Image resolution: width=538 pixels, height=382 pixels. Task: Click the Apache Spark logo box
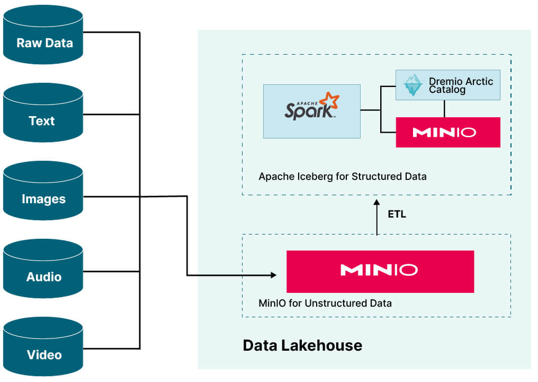311,111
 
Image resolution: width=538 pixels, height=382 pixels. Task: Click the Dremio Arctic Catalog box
448,85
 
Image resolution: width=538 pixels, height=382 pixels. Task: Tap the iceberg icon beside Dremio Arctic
412,85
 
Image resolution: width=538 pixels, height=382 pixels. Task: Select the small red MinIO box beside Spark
448,132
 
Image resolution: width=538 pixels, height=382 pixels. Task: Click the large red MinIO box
380,271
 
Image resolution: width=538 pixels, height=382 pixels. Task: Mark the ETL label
396,215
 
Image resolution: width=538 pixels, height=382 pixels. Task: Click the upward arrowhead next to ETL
376,203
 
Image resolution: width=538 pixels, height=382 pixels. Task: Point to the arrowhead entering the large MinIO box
273,275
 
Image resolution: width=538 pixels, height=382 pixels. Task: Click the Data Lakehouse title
302,345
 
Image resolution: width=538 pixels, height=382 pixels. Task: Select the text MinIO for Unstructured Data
325,303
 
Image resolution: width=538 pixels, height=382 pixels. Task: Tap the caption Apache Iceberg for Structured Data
342,176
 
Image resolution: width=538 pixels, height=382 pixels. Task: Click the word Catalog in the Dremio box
447,90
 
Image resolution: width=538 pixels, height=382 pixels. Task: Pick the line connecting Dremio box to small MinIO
444,109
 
